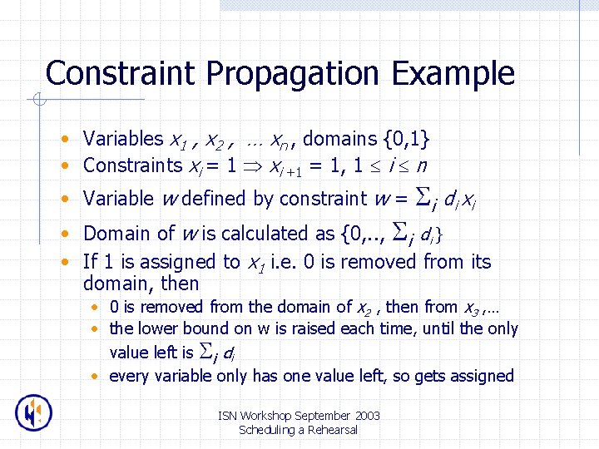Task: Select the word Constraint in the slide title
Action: click(122, 73)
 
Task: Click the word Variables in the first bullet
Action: click(123, 139)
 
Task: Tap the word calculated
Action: click(247, 234)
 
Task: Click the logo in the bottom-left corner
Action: click(34, 412)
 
